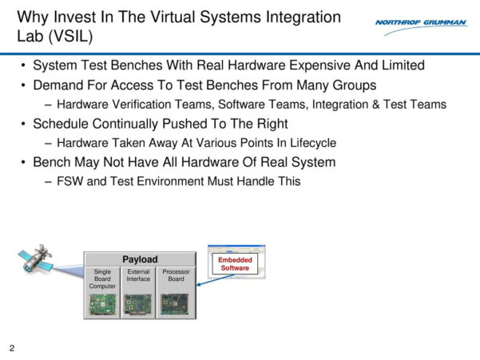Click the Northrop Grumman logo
pyautogui.click(x=421, y=23)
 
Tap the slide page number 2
pyautogui.click(x=12, y=349)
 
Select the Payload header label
pyautogui.click(x=140, y=259)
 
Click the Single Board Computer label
pyautogui.click(x=102, y=279)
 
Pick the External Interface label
pyautogui.click(x=139, y=275)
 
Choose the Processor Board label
pyautogui.click(x=177, y=275)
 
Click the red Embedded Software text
pyautogui.click(x=235, y=264)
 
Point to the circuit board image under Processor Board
pyautogui.click(x=177, y=303)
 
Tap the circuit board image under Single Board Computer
pyautogui.click(x=102, y=304)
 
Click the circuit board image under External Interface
pyautogui.click(x=139, y=304)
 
